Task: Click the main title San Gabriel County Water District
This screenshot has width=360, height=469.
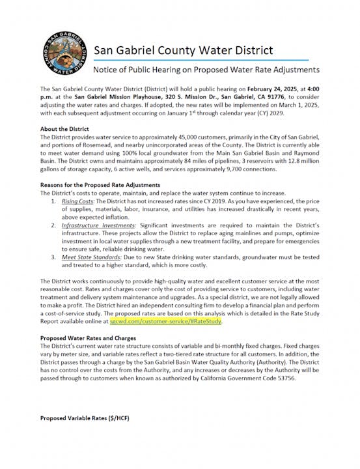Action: pos(184,50)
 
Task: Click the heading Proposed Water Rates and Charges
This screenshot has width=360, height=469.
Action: pos(89,339)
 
